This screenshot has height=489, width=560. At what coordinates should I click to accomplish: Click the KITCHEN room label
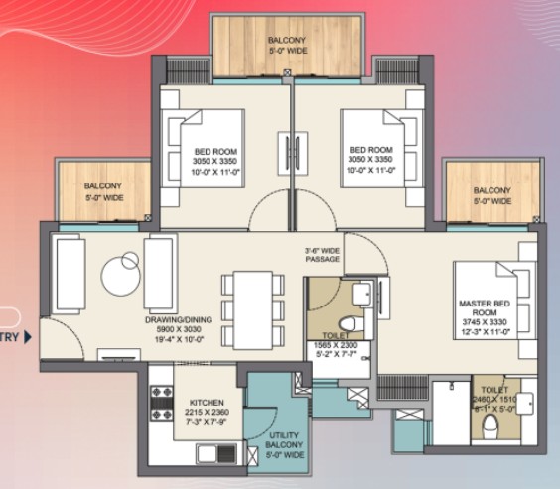pos(207,402)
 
